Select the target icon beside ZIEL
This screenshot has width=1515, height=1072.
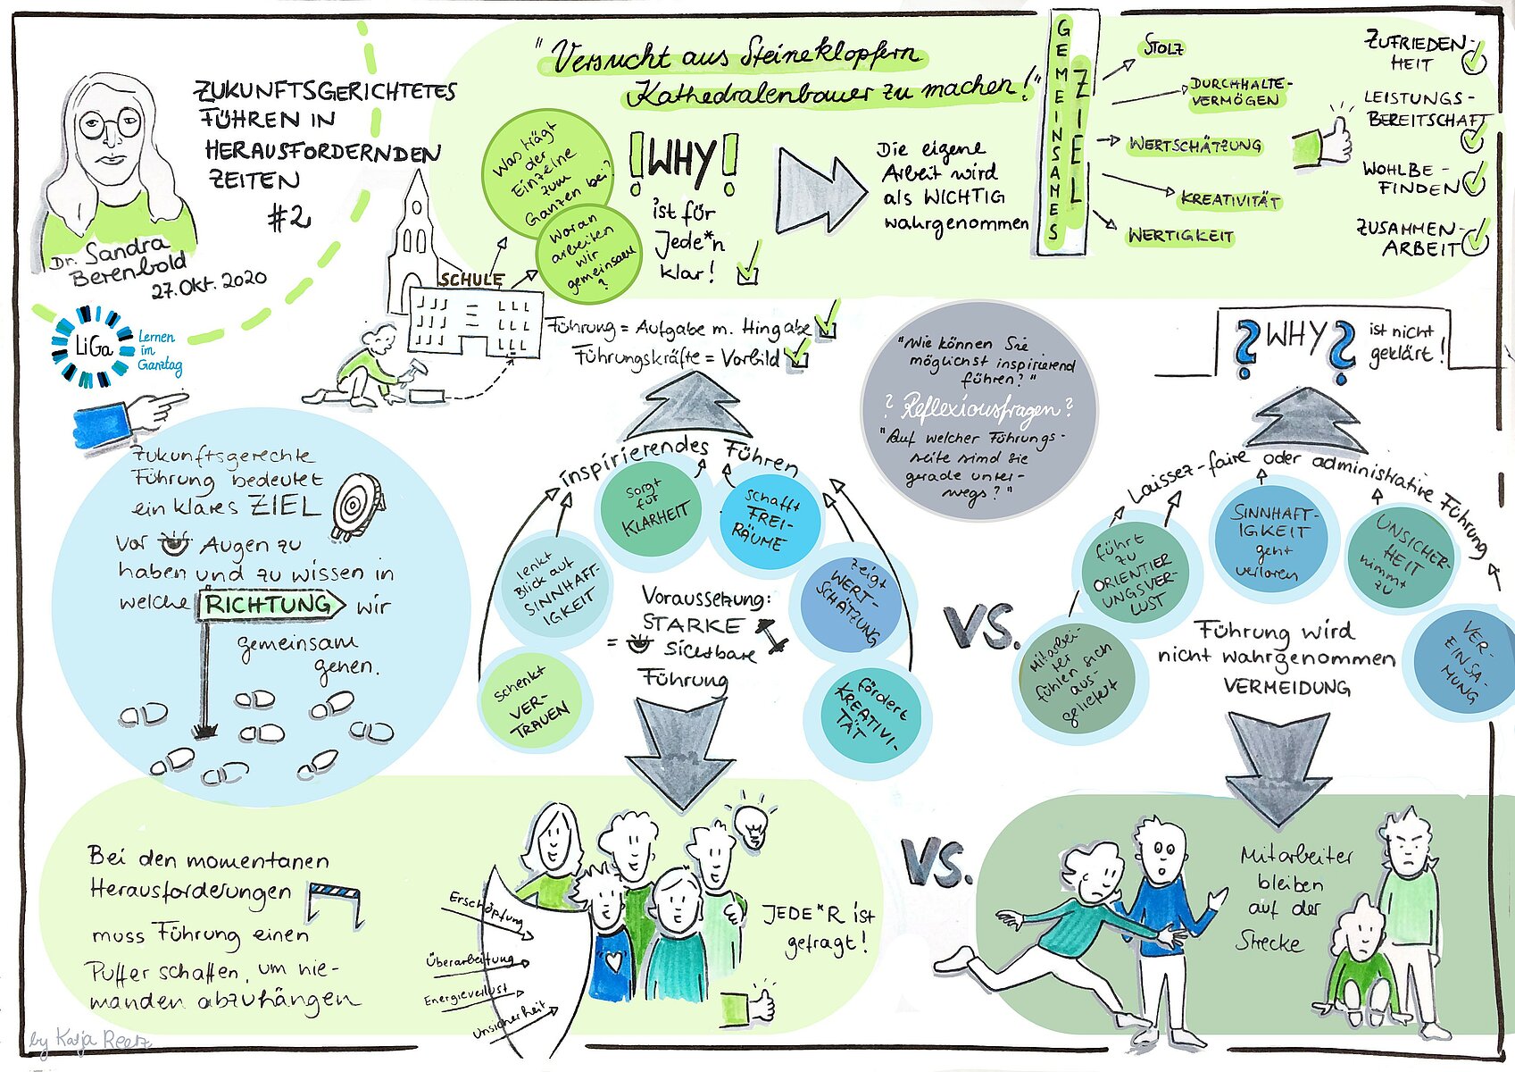(x=357, y=507)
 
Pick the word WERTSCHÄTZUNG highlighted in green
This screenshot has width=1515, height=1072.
(x=1195, y=145)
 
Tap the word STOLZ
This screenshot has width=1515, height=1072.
(x=1163, y=48)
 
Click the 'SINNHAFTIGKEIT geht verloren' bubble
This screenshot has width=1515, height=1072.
(x=1271, y=540)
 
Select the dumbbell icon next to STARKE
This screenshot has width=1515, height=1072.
(x=769, y=633)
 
